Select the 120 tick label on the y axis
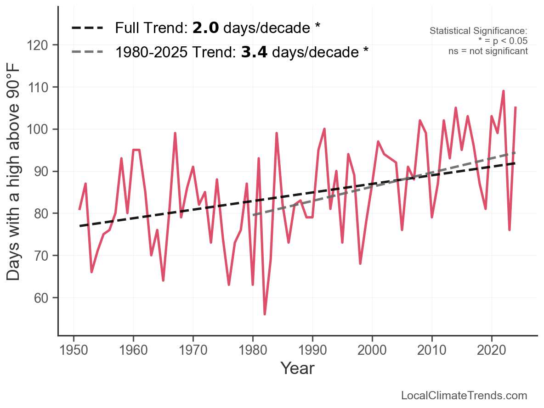(x=41, y=45)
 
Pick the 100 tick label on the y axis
(x=41, y=129)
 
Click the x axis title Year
(x=297, y=368)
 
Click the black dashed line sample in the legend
(x=87, y=28)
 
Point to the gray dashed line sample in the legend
(x=87, y=52)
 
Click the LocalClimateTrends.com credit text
(x=464, y=396)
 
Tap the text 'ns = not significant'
(x=488, y=51)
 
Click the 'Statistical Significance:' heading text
(x=478, y=31)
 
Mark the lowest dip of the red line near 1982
(x=265, y=314)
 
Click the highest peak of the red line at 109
(x=504, y=91)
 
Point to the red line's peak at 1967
(x=175, y=133)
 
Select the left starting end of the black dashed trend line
(x=80, y=226)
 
